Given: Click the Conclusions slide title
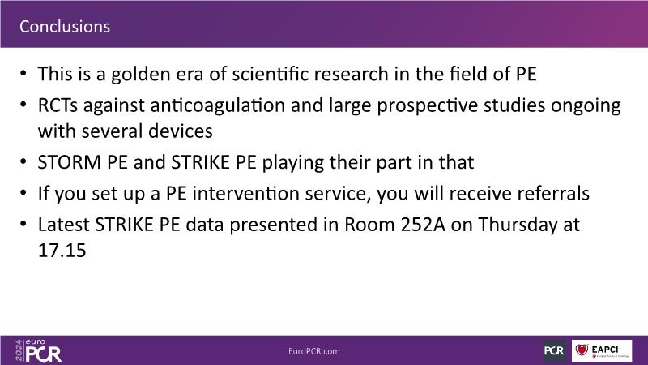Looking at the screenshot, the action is (65, 27).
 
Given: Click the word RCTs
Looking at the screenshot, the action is (58, 105).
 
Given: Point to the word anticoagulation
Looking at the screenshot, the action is (218, 105).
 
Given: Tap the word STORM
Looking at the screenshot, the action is (70, 162).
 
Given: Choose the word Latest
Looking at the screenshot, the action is (64, 225).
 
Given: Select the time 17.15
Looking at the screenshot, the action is (62, 251).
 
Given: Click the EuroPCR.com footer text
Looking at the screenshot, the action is (314, 351).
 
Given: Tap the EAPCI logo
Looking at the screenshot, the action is (602, 351).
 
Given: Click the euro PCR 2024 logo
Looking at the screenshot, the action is (38, 351).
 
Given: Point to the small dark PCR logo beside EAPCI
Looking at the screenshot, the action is (554, 351).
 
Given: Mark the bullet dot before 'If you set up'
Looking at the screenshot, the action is (23, 193).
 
